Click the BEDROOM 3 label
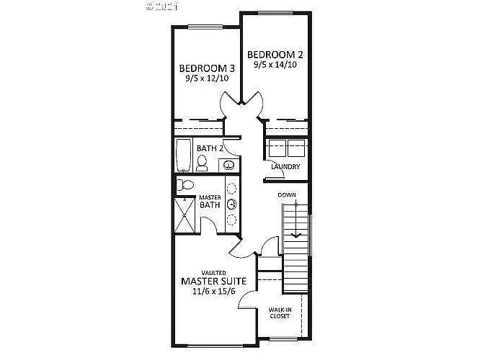(x=208, y=69)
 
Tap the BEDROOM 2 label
(x=275, y=55)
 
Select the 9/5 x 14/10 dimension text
(x=275, y=65)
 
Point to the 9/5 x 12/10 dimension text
(x=208, y=79)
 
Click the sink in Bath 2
(x=229, y=166)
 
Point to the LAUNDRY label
(x=285, y=168)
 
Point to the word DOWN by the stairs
(x=287, y=194)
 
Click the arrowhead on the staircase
(x=295, y=234)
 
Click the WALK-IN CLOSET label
(x=280, y=312)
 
